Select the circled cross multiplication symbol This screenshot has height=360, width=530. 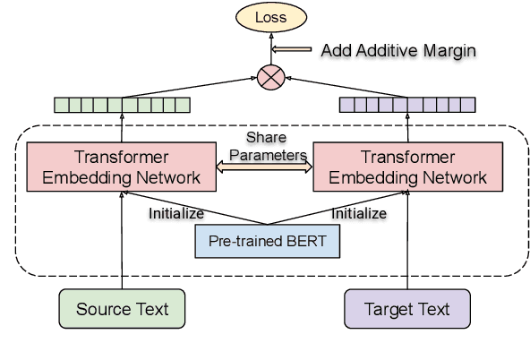tap(269, 76)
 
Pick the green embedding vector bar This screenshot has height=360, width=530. tap(122, 104)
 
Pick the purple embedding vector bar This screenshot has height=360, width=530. tap(407, 104)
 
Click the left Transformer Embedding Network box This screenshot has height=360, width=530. tap(121, 166)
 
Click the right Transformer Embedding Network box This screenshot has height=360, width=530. tap(407, 166)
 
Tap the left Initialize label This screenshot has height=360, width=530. tap(175, 214)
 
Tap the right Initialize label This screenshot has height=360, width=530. tap(359, 214)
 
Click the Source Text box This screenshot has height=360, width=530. tap(122, 310)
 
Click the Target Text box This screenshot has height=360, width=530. tap(407, 310)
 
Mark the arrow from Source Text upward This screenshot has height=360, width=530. tap(122, 242)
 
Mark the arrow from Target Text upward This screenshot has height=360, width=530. tap(407, 242)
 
